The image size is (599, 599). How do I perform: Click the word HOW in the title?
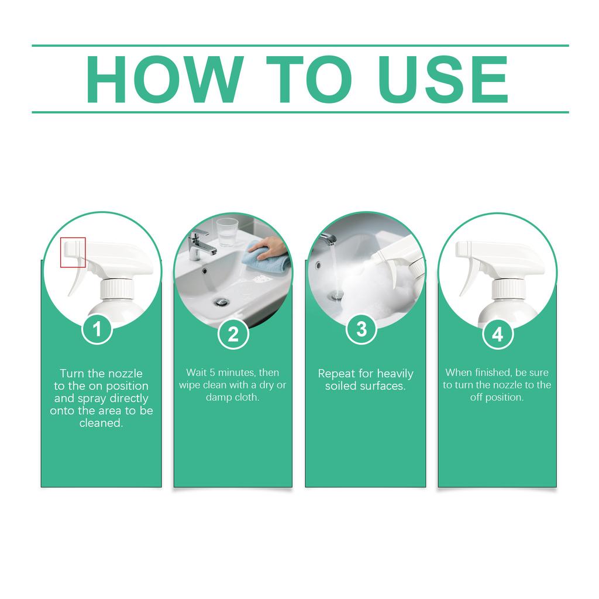tap(164, 79)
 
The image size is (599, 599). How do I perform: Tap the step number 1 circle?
tap(97, 330)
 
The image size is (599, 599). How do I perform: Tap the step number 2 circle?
tap(233, 334)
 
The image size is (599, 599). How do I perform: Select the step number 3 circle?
tap(362, 329)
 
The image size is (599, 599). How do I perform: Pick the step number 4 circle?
tap(497, 334)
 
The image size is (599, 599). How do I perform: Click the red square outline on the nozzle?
tap(73, 252)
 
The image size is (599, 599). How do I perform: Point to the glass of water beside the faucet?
tap(227, 232)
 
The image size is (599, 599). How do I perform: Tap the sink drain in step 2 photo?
tap(222, 301)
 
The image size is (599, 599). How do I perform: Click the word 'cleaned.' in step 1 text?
tap(101, 423)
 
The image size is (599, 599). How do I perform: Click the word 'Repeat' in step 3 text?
tap(338, 373)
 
